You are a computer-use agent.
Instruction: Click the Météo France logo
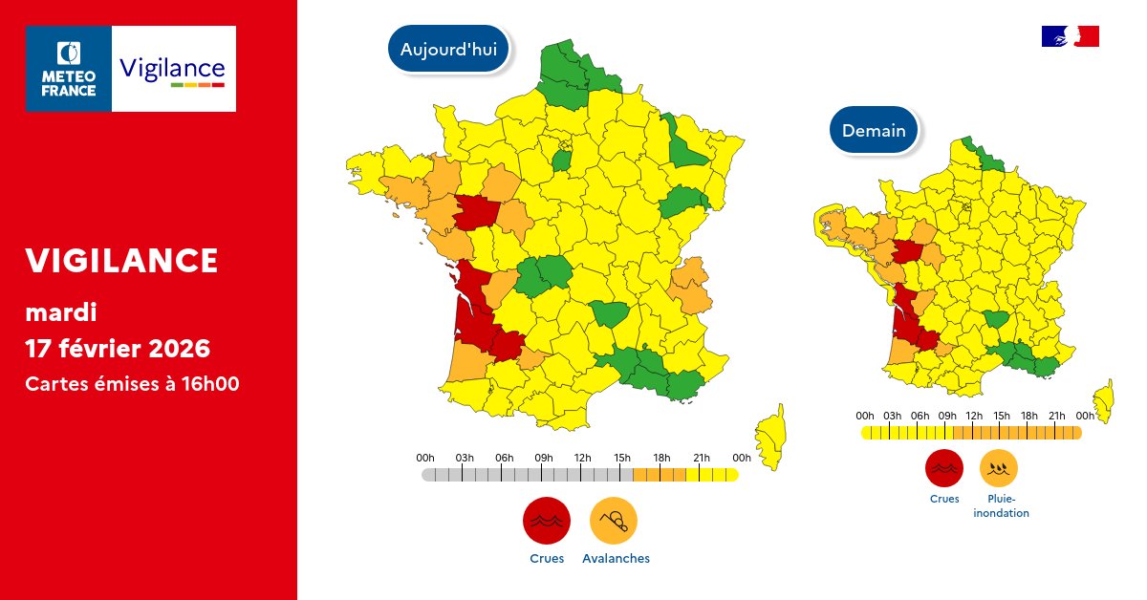tap(69, 69)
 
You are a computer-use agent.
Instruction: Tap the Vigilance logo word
tap(172, 69)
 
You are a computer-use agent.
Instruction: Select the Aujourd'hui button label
tap(448, 50)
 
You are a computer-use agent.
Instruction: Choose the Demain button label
tap(874, 131)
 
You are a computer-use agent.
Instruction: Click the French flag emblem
tap(1070, 36)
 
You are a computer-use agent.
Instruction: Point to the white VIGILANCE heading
tap(121, 260)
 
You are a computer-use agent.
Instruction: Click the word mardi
tap(61, 311)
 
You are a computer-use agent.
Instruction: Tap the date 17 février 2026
tap(118, 348)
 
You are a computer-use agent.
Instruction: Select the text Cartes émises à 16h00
tap(132, 384)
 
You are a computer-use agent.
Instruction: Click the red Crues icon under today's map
tap(547, 521)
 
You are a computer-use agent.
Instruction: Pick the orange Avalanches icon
tap(614, 521)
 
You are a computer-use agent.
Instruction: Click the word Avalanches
tap(616, 559)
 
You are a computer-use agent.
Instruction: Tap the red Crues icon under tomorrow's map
tap(944, 468)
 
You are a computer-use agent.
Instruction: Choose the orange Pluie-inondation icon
tap(999, 468)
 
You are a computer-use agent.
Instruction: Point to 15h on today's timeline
tap(622, 458)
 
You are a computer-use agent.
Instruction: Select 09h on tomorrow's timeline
tap(947, 416)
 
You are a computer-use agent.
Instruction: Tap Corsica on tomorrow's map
tap(1104, 398)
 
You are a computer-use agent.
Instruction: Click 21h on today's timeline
tap(701, 458)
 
